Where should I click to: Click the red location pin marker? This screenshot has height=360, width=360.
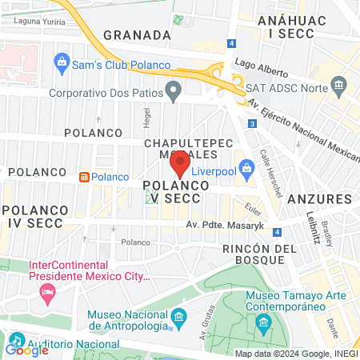[x=180, y=164]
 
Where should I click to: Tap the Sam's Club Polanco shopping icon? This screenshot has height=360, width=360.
[x=62, y=62]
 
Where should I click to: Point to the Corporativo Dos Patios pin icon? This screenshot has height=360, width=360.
[x=172, y=91]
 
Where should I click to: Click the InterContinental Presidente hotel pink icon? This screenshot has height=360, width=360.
[x=45, y=292]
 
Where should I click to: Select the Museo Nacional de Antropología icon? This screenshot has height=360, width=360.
[x=178, y=320]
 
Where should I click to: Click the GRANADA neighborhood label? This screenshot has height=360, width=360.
[x=138, y=35]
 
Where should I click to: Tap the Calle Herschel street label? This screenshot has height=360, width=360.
[x=264, y=167]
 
